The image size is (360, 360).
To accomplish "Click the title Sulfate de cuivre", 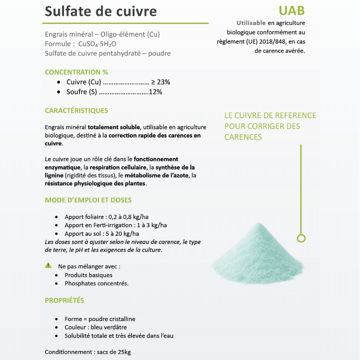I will (101, 11).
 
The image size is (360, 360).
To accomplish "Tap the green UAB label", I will (292, 10).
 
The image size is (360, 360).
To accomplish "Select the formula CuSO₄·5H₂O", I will (97, 44).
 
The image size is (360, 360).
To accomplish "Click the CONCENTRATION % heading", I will (76, 72).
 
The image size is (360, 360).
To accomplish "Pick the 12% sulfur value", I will (155, 92).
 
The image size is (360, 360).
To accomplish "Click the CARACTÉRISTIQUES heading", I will (76, 111).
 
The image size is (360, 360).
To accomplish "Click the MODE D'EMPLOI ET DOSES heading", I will (88, 200).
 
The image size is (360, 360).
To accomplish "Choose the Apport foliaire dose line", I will (106, 217).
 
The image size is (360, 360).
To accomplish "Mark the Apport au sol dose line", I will (102, 233).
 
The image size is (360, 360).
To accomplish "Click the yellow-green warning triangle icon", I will (48, 266).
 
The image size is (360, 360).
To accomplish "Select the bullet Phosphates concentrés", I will (96, 283).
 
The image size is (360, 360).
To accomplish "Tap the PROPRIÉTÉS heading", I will (64, 300).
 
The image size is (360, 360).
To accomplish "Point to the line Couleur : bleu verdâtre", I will (96, 327).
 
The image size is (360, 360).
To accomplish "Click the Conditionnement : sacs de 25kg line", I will (88, 352).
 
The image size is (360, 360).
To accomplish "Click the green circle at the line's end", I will (301, 238).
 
